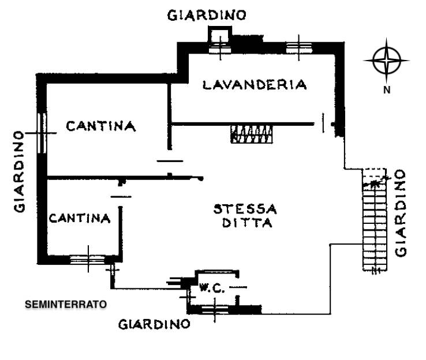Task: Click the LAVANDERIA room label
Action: click(x=255, y=85)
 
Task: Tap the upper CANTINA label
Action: click(x=100, y=126)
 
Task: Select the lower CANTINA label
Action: click(x=79, y=218)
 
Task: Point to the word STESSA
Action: click(x=245, y=208)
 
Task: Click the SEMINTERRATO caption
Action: click(x=66, y=303)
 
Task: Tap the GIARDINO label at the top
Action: click(x=207, y=16)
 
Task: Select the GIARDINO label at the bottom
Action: click(x=154, y=324)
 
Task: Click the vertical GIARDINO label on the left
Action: click(x=20, y=171)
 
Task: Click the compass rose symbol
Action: click(x=386, y=61)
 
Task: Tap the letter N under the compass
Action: click(x=387, y=89)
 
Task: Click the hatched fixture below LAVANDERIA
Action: click(x=251, y=134)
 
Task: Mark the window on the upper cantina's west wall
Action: click(x=41, y=132)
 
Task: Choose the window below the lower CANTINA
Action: click(x=88, y=259)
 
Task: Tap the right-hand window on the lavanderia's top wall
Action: click(x=299, y=47)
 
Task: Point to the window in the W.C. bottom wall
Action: click(x=213, y=309)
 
